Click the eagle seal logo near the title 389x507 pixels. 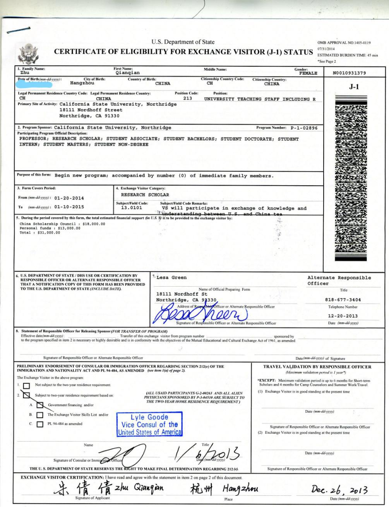(x=26, y=55)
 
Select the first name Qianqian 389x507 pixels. (x=128, y=72)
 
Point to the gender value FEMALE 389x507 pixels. (x=308, y=73)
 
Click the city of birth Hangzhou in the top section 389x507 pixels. (x=82, y=83)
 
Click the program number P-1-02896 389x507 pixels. (x=304, y=128)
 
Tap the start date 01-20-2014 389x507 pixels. (x=69, y=198)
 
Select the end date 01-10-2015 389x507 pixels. (x=69, y=207)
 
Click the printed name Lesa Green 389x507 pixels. (x=171, y=277)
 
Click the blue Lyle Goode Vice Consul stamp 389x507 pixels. (x=149, y=425)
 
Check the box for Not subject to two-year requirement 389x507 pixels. (x=26, y=386)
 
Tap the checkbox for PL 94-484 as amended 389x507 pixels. (x=40, y=424)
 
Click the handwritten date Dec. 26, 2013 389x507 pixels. (x=339, y=490)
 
